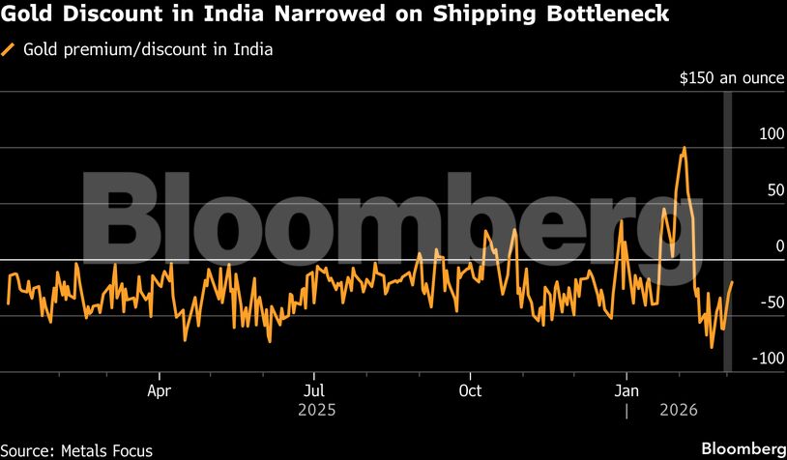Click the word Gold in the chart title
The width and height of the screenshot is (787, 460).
30,15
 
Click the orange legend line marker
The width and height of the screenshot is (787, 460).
10,50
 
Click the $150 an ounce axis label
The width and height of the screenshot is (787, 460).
732,77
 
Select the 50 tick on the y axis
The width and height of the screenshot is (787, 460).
775,189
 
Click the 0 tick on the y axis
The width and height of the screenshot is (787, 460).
779,245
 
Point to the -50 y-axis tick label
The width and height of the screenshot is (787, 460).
772,302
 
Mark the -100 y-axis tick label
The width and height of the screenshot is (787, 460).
769,358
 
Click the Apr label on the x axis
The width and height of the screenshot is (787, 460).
160,390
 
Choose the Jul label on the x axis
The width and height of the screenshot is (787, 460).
312,390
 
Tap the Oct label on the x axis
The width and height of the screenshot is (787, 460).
470,390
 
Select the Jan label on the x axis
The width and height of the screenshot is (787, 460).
627,390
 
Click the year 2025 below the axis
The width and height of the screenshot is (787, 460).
316,411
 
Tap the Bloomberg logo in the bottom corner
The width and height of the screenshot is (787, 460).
743,448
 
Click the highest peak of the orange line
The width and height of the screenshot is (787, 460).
685,148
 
